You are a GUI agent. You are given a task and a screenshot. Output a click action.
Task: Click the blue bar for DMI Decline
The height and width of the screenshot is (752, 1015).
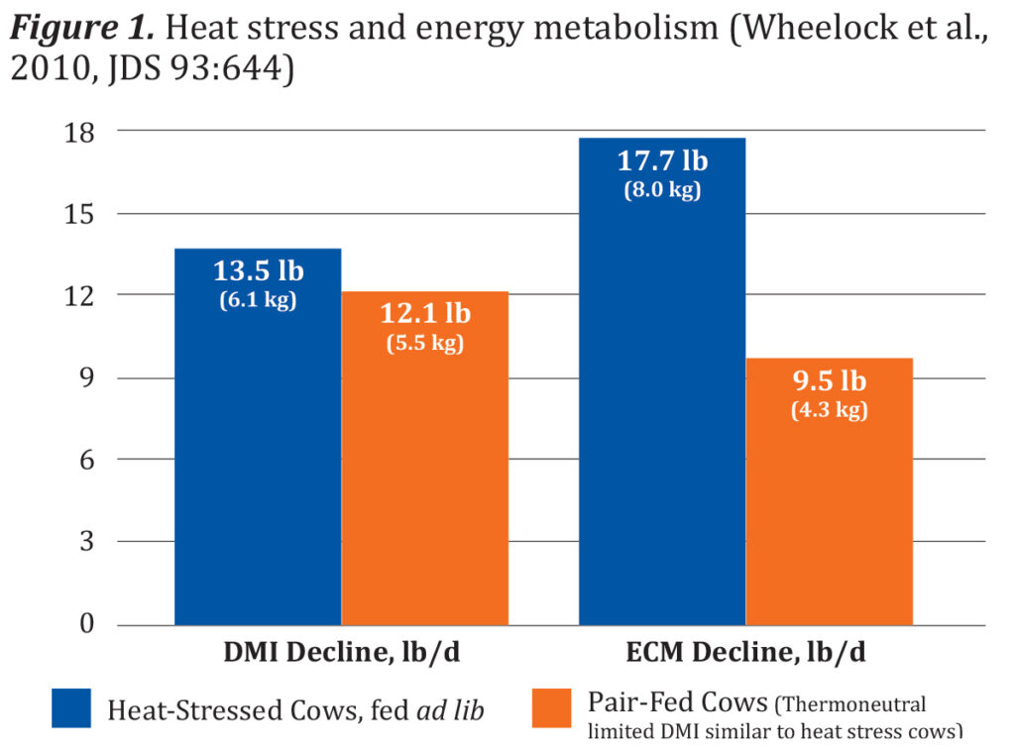point(258,466)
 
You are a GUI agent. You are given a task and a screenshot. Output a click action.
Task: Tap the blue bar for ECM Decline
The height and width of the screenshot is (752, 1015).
point(661,416)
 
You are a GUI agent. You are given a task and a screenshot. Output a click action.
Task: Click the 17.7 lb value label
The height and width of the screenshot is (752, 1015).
point(662,161)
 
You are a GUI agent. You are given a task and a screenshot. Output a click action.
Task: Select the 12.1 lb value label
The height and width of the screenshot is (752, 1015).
point(425,315)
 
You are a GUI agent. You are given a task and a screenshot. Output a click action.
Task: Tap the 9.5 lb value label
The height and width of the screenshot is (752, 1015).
point(829,381)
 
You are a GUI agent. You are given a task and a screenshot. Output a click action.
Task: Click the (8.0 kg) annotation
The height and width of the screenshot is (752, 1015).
point(662,190)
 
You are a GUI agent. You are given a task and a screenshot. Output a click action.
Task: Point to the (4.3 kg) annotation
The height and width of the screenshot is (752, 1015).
point(829,409)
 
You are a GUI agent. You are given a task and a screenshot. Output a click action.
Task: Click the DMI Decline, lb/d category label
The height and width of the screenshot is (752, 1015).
point(340,654)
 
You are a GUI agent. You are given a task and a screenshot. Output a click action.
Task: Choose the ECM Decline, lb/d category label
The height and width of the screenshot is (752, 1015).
point(745,654)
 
